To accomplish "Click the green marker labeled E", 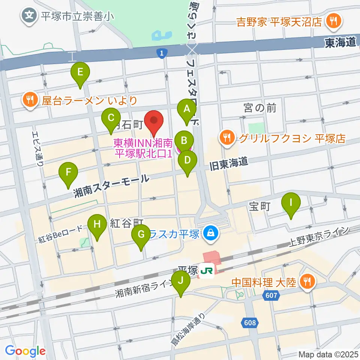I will [x=80, y=71].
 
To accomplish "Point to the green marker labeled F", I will [x=68, y=172].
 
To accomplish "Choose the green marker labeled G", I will [x=141, y=234].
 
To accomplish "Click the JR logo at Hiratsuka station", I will [x=206, y=270].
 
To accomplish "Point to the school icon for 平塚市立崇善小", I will [x=29, y=16].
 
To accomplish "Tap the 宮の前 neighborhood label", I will [x=260, y=109].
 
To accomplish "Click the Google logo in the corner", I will [x=25, y=351].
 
